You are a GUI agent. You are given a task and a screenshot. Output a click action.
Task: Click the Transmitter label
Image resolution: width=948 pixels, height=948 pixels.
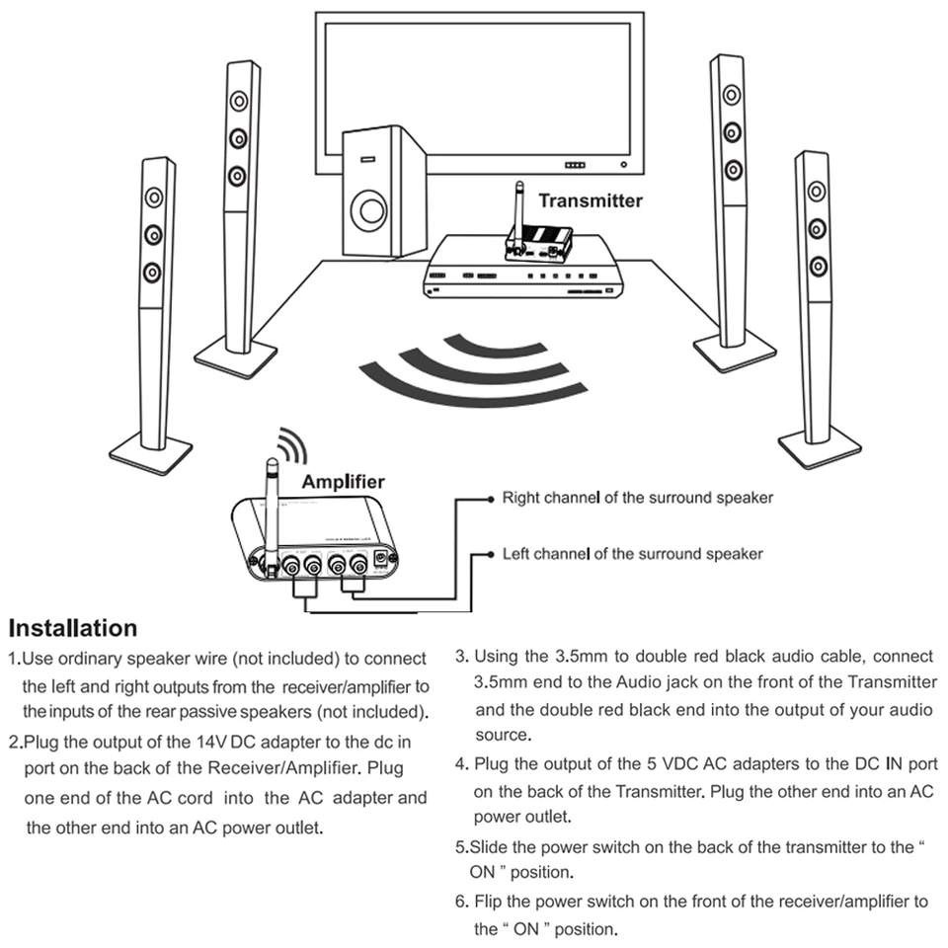(590, 200)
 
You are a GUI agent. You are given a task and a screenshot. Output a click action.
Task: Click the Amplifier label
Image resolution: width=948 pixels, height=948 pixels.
(343, 482)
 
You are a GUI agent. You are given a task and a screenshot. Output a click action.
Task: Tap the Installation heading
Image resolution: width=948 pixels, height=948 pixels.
(73, 628)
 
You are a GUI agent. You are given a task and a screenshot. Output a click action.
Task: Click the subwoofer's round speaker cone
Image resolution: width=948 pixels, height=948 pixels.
(372, 209)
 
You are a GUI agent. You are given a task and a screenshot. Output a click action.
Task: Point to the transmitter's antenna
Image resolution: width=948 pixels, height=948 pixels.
(515, 209)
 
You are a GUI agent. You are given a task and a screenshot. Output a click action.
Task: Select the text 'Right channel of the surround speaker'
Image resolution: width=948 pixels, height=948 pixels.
(638, 498)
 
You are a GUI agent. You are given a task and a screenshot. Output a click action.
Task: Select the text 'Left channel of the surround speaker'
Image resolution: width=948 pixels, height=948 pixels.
(632, 554)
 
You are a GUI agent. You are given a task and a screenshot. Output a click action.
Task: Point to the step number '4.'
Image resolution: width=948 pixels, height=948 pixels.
(461, 765)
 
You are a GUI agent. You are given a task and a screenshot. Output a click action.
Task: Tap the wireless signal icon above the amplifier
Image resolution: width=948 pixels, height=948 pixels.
(288, 446)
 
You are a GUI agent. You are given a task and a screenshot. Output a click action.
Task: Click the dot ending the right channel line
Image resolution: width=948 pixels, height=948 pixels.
(491, 500)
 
